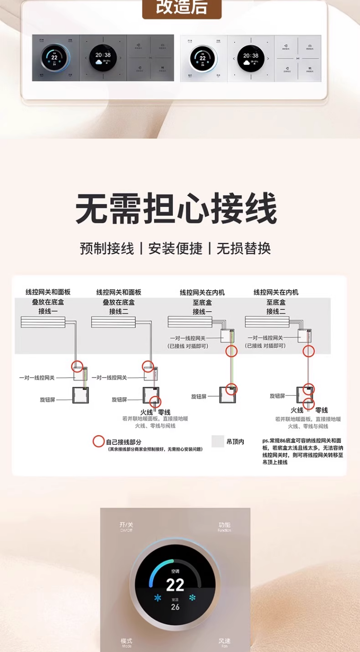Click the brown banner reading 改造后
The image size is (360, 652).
(x=181, y=8)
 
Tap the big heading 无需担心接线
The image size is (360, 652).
(x=176, y=208)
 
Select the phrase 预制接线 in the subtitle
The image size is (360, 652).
(x=107, y=248)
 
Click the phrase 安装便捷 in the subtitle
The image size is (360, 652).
(x=175, y=248)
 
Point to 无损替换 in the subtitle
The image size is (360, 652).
(x=244, y=248)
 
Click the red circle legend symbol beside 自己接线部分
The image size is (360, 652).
(x=98, y=441)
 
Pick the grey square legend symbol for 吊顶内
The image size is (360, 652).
(x=218, y=441)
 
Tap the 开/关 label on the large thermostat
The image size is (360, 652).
(x=126, y=526)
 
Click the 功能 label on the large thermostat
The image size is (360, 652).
(x=224, y=526)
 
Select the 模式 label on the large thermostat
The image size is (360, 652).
(x=126, y=642)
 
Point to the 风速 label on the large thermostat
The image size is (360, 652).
(x=224, y=642)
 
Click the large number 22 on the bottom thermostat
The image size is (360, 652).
(x=175, y=585)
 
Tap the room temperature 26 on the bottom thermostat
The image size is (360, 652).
(x=175, y=607)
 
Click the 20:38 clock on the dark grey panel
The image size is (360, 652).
(x=103, y=55)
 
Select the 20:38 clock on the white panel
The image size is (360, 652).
(x=251, y=56)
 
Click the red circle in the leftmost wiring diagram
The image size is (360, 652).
(x=77, y=367)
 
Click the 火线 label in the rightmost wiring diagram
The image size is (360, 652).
(x=297, y=410)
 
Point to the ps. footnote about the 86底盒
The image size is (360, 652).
(x=302, y=451)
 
